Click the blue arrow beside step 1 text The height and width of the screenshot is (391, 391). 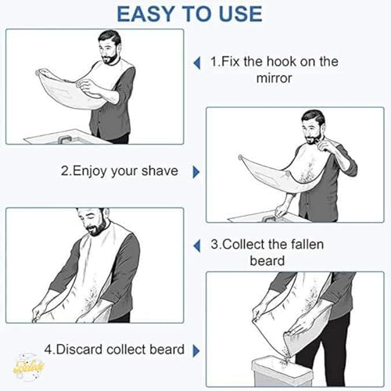[197, 63]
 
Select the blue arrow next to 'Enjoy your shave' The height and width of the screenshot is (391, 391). [196, 172]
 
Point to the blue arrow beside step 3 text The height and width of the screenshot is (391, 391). [197, 246]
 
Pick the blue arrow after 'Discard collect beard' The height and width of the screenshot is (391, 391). [196, 351]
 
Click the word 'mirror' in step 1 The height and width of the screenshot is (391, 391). [274, 78]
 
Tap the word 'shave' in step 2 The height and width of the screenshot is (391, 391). [160, 171]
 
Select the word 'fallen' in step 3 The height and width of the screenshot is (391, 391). [307, 245]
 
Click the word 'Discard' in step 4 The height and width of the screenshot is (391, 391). [80, 350]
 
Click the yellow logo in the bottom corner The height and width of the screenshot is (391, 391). [28, 367]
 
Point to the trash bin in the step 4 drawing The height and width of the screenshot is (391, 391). [282, 372]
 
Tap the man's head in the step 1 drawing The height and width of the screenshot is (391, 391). [109, 47]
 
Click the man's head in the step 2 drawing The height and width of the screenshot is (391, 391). [313, 127]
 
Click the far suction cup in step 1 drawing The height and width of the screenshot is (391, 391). [38, 73]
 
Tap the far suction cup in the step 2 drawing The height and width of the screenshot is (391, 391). [240, 157]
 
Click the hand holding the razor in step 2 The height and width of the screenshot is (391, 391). [324, 146]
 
